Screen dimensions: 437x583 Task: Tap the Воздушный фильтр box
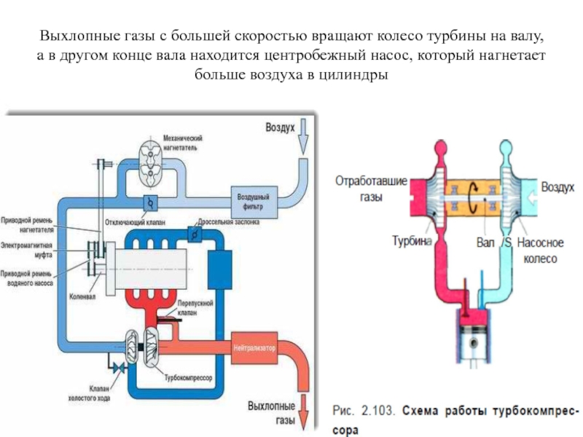click(254, 200)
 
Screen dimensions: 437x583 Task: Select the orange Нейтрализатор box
click(254, 348)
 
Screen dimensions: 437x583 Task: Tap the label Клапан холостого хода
click(95, 393)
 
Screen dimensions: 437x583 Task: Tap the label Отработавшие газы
click(370, 187)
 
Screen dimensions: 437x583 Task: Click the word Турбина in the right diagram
click(412, 239)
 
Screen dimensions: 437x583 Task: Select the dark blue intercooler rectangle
click(219, 270)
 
